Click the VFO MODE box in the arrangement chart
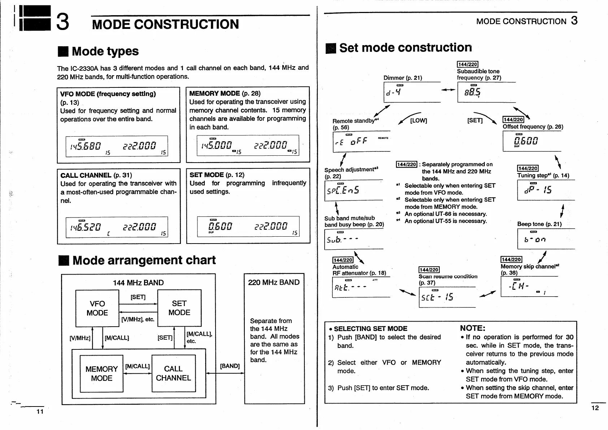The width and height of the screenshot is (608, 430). point(97,308)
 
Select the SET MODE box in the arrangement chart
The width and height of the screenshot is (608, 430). point(179,308)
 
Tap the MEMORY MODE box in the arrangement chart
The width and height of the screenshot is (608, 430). point(101,373)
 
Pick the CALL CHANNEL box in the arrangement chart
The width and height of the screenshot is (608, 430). point(173,373)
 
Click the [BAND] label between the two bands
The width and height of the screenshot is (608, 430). point(230,366)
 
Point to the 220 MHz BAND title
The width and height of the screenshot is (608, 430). point(274,282)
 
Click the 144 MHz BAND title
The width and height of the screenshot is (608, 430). point(138,283)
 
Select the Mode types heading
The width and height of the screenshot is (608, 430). point(105,51)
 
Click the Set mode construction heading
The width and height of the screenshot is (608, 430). point(405,48)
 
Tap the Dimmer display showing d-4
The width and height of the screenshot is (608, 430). point(412,92)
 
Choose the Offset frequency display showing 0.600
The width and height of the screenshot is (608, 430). point(531,141)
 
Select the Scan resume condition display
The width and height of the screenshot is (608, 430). point(447,297)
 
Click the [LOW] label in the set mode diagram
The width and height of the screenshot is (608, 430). point(418,120)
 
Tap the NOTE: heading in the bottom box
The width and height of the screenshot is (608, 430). point(472,328)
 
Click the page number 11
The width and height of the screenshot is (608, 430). point(40,411)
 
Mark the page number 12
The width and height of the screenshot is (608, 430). point(595,408)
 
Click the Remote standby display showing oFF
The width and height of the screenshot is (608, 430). point(361,141)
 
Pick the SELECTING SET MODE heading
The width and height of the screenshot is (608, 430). point(370,328)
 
